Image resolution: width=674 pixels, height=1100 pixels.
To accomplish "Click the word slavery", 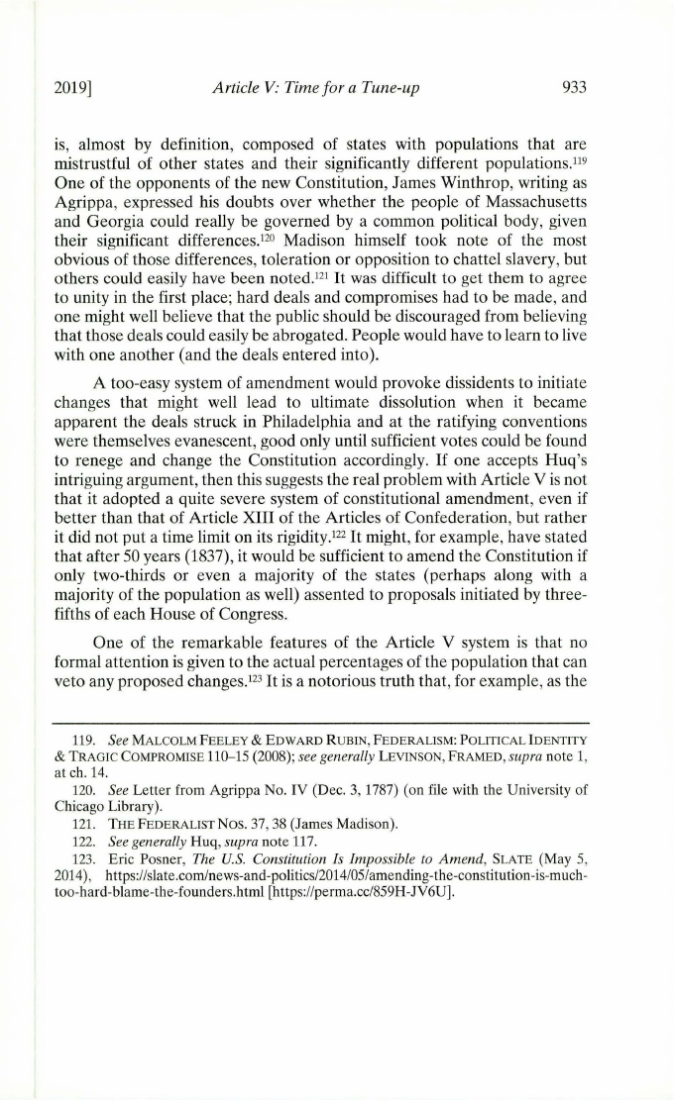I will click(x=539, y=266).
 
